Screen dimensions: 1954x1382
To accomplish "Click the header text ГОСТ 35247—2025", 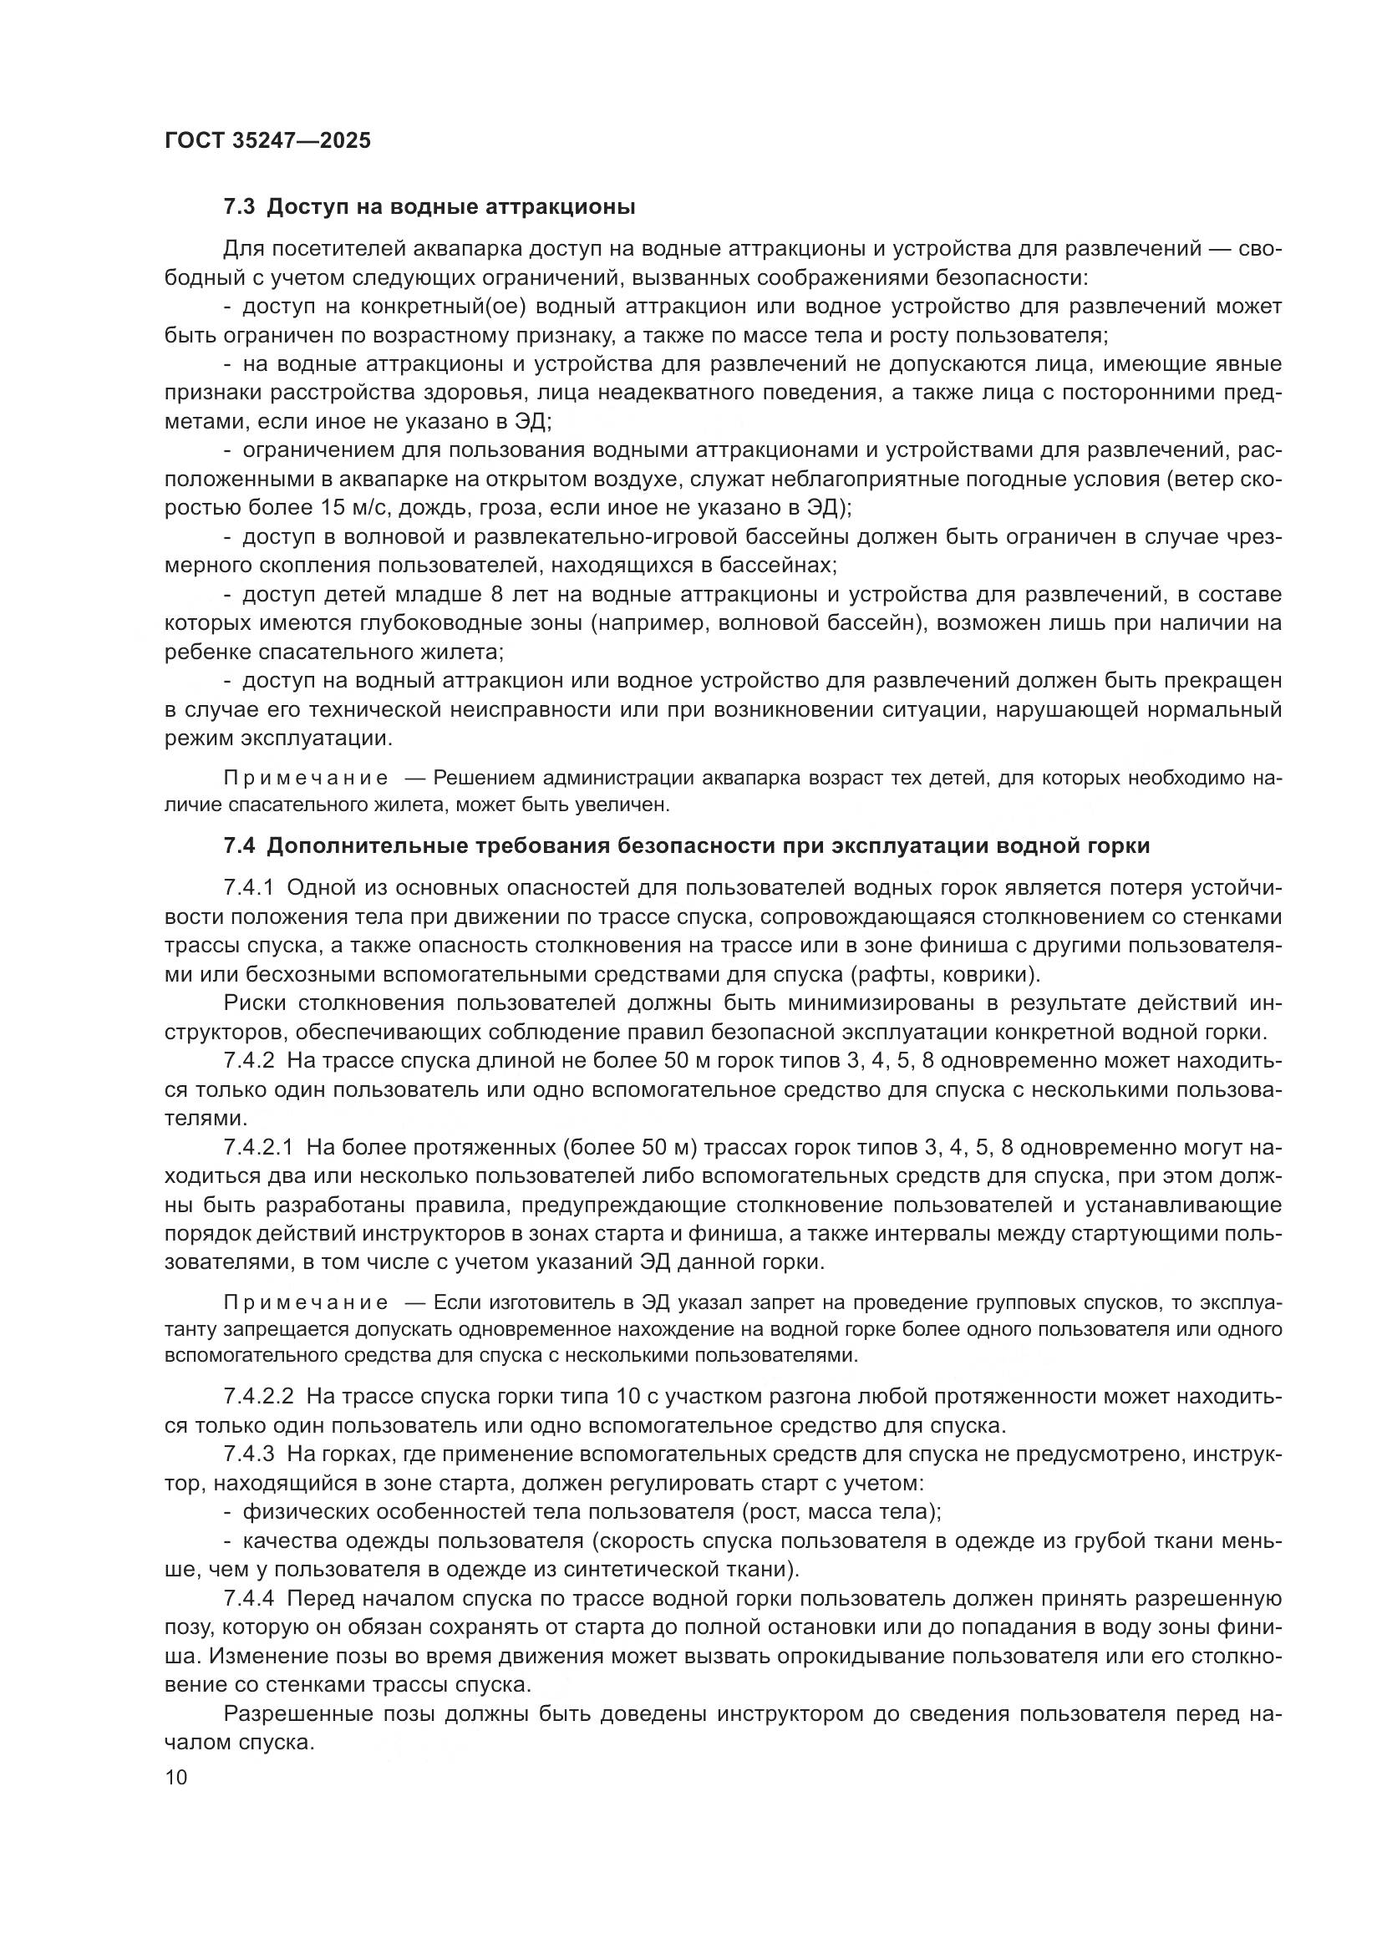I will tap(268, 140).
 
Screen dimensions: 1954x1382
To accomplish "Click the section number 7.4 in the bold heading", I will tap(240, 846).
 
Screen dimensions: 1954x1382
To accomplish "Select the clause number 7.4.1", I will tap(248, 888).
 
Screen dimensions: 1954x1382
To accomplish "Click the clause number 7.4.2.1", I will tap(259, 1148).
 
